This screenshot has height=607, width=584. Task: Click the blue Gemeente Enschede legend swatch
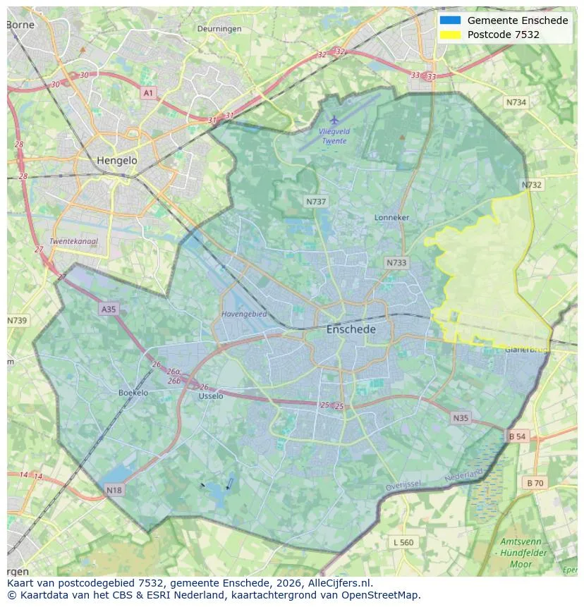click(x=450, y=20)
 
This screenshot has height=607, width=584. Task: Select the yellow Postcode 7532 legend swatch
click(x=450, y=35)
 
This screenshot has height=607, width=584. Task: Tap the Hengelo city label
click(x=117, y=161)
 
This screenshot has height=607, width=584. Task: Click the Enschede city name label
click(x=351, y=329)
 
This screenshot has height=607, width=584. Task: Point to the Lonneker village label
click(x=391, y=218)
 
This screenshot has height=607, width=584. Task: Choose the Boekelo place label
click(x=133, y=393)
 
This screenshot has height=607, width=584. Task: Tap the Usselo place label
click(x=211, y=396)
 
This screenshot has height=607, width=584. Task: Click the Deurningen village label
click(x=219, y=29)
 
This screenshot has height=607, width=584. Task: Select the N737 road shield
click(x=316, y=202)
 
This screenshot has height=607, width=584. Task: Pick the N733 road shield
click(x=396, y=263)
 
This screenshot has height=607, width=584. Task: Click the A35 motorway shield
click(x=108, y=309)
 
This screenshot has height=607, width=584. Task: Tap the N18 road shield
click(x=114, y=489)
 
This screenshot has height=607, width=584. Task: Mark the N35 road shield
click(x=461, y=418)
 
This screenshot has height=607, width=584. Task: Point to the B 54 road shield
click(x=517, y=437)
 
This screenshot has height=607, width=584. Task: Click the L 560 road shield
click(x=403, y=542)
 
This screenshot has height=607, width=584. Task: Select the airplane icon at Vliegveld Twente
click(x=334, y=121)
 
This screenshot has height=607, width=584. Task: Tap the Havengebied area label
click(x=244, y=314)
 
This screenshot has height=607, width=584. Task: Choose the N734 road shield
click(x=516, y=102)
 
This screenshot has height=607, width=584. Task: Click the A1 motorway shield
click(x=147, y=93)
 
